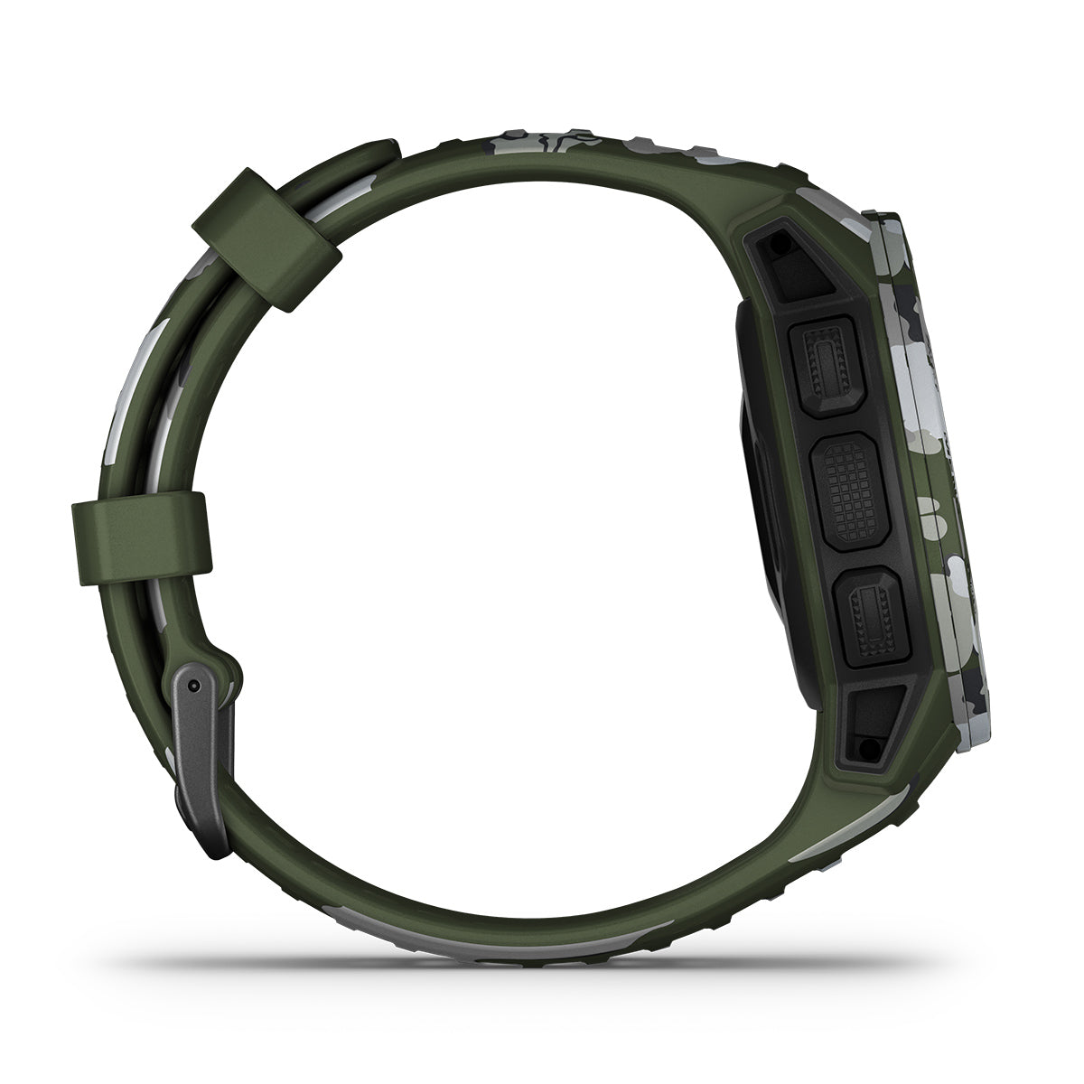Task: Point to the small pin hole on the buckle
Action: click(194, 687)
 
